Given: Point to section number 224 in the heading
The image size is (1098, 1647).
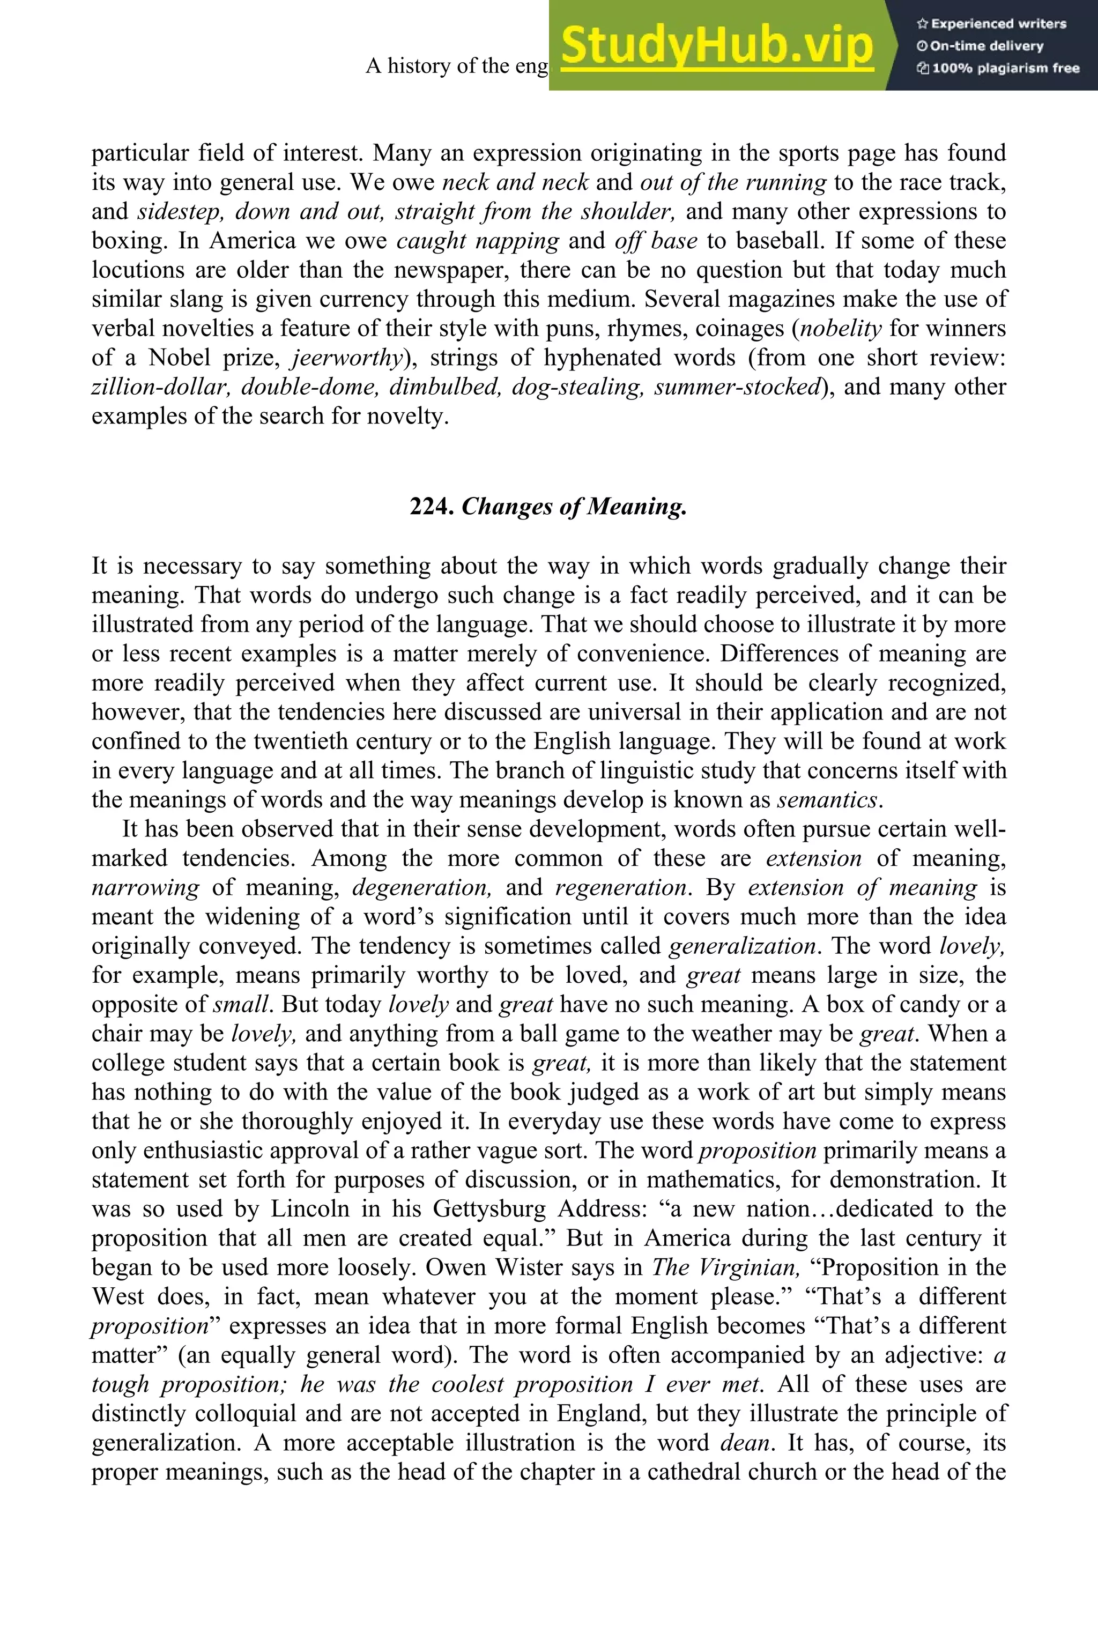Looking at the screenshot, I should [432, 506].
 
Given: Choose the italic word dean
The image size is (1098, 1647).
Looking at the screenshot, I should [746, 1443].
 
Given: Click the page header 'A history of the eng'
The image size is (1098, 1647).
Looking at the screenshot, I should [457, 66].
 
